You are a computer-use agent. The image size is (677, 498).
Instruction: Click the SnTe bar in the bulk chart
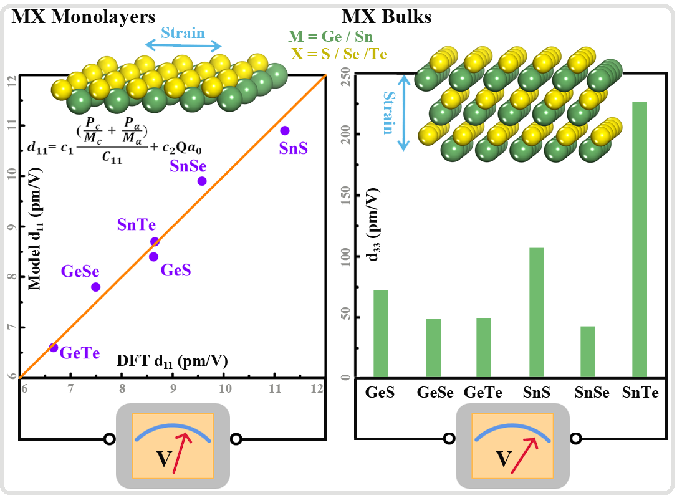click(x=640, y=240)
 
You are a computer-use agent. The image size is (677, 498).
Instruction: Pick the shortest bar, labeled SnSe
click(x=588, y=352)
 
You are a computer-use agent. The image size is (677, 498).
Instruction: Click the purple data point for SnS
click(x=285, y=130)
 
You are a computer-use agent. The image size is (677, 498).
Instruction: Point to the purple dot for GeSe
click(x=95, y=287)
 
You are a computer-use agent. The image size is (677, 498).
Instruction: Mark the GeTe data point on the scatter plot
click(x=54, y=347)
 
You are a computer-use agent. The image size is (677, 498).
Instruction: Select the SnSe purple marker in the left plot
click(x=202, y=181)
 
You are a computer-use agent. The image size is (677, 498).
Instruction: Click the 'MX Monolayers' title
click(x=84, y=17)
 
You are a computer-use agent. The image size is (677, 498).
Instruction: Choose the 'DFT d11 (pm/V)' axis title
click(x=171, y=361)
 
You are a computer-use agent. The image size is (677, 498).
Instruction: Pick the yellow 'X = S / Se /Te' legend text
click(x=338, y=54)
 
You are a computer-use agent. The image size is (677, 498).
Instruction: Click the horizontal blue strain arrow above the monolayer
click(x=183, y=45)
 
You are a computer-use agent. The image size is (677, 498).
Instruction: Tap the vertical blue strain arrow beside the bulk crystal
click(x=404, y=113)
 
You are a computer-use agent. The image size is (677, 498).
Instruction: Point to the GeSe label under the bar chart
click(x=435, y=393)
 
